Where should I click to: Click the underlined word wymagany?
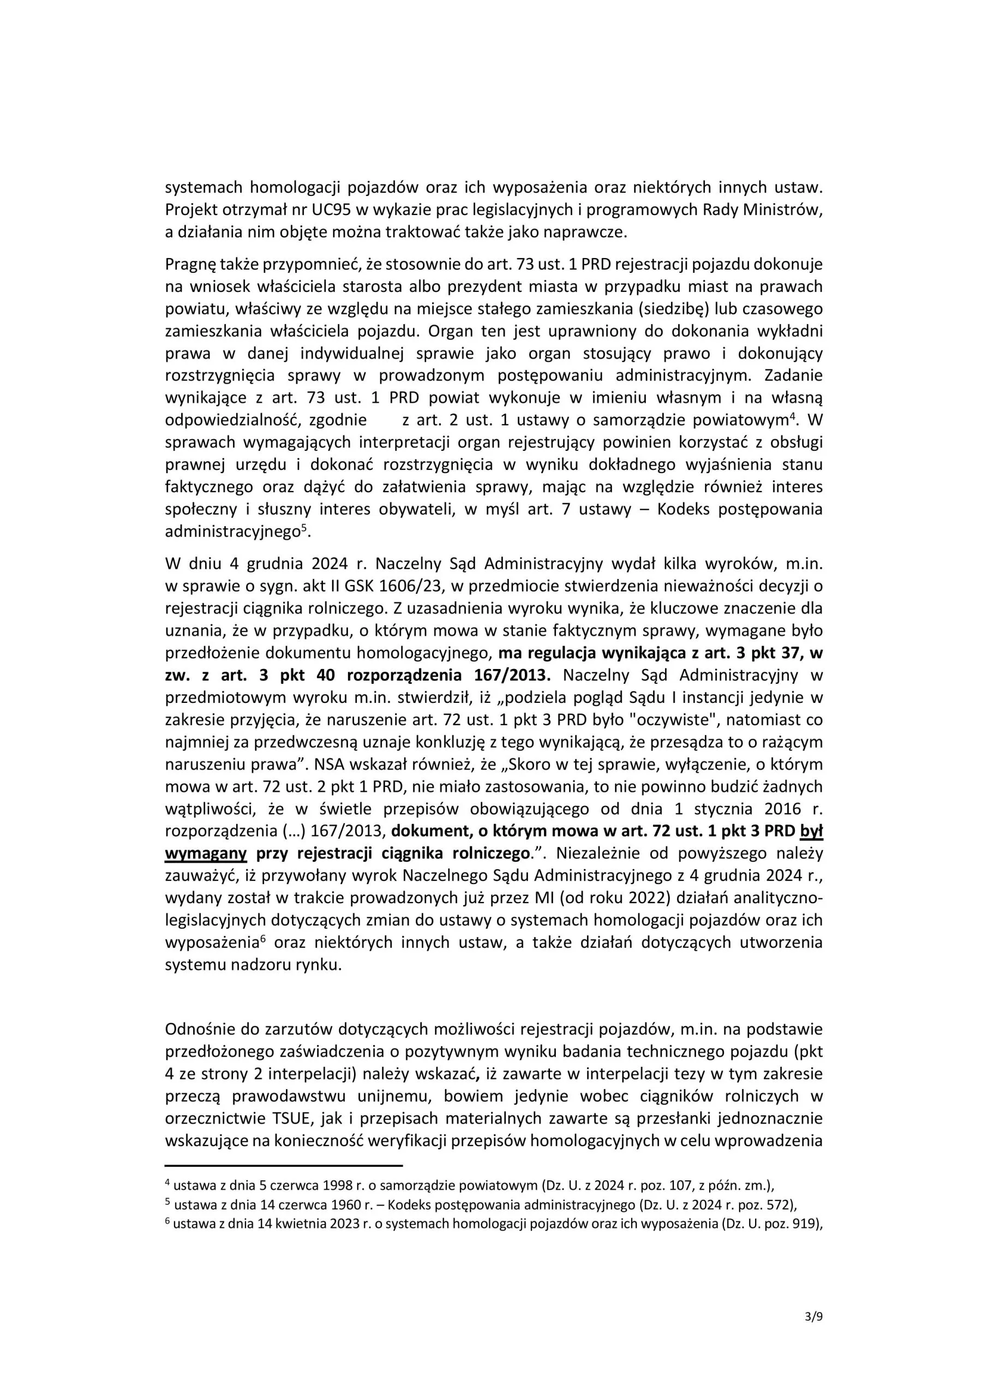(x=206, y=853)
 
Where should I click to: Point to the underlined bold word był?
(x=811, y=831)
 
